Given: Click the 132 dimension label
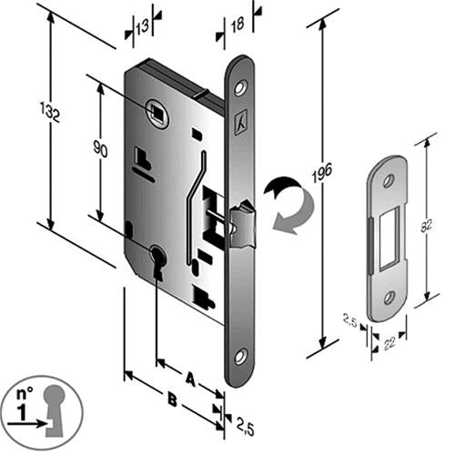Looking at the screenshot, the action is pyautogui.click(x=50, y=112).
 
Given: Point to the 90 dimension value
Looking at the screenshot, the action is pyautogui.click(x=100, y=148).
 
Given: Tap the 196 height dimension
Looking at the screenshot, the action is pyautogui.click(x=322, y=173).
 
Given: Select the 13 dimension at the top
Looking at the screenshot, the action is pyautogui.click(x=142, y=26).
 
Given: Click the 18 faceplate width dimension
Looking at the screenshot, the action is pyautogui.click(x=238, y=25).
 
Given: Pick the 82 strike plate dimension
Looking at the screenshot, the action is pyautogui.click(x=427, y=225).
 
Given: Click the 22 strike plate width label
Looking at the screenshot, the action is pyautogui.click(x=389, y=344).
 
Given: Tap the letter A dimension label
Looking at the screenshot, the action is pyautogui.click(x=190, y=379).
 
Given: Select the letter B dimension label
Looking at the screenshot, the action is pyautogui.click(x=172, y=399).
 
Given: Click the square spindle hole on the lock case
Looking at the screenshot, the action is pyautogui.click(x=157, y=113).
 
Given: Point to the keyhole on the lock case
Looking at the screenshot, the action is pyautogui.click(x=157, y=261).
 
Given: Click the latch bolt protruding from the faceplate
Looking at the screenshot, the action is pyautogui.click(x=243, y=225).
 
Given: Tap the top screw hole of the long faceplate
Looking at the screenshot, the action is pyautogui.click(x=241, y=87).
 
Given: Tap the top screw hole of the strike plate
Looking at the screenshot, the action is pyautogui.click(x=389, y=181).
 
